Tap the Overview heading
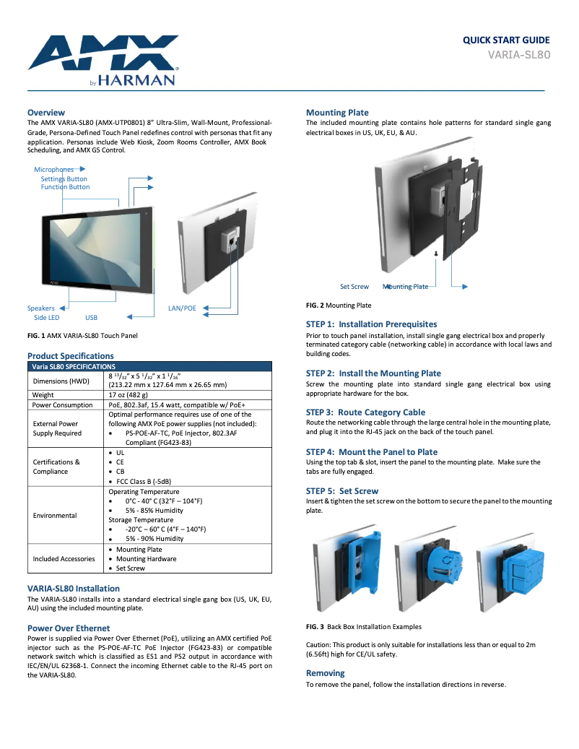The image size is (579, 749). (x=46, y=113)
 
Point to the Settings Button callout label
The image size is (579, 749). (x=64, y=178)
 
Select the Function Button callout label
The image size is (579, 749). (x=65, y=187)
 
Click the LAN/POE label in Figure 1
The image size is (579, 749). (x=182, y=308)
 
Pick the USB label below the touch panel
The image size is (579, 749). (x=91, y=317)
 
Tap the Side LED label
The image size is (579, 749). (x=47, y=317)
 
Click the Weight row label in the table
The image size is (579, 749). (x=43, y=395)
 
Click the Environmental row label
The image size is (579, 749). (x=55, y=516)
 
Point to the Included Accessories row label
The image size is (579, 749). (x=64, y=559)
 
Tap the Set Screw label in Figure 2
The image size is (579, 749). (x=354, y=287)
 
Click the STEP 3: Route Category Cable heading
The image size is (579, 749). (x=365, y=412)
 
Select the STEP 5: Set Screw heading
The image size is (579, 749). (x=342, y=491)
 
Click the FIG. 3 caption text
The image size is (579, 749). (x=364, y=627)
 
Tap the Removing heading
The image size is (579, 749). (x=326, y=673)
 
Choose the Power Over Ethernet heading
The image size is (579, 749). (x=69, y=628)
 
